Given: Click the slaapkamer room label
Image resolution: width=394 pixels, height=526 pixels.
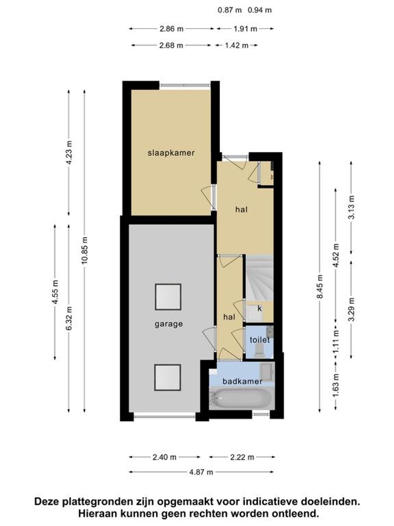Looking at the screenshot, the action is click(x=171, y=153).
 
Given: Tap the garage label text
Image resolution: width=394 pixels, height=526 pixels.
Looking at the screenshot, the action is click(x=169, y=324).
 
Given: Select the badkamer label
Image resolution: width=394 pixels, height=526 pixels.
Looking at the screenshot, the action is click(x=242, y=381).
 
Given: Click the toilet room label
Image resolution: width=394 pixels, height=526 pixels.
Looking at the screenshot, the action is click(x=259, y=340).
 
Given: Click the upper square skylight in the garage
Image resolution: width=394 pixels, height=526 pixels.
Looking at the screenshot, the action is click(x=168, y=297).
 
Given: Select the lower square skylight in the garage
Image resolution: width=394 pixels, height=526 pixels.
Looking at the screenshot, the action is click(x=167, y=378).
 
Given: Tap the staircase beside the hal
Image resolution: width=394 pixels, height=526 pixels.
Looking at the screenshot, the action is click(x=259, y=278).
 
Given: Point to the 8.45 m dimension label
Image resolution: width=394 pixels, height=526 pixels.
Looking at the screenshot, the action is click(x=320, y=286).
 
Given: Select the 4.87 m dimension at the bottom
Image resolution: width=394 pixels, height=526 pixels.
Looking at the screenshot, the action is click(x=201, y=472).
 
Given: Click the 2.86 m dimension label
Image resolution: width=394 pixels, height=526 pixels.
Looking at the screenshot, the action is click(x=171, y=29).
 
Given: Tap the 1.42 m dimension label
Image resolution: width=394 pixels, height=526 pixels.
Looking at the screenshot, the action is click(x=236, y=45).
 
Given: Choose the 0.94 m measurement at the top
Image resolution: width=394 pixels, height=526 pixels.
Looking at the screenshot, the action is click(x=259, y=10).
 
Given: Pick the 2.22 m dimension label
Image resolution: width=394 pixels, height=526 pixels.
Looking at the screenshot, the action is click(x=242, y=457).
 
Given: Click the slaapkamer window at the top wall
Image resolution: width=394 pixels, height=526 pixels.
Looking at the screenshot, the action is click(x=185, y=85).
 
